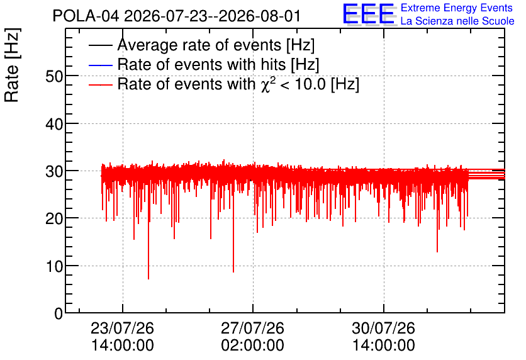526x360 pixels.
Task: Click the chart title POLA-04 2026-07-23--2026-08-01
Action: point(176,16)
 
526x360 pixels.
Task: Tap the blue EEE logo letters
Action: point(369,14)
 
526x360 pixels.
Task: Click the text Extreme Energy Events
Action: point(457,8)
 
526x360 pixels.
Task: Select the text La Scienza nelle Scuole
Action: point(457,21)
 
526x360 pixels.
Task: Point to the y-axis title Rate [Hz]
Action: point(12,65)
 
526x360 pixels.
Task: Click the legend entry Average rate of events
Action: point(216,45)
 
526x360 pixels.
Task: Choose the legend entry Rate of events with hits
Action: point(218,64)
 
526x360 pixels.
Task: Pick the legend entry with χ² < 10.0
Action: point(238,84)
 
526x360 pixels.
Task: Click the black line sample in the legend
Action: point(100,45)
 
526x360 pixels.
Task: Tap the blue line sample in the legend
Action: point(100,65)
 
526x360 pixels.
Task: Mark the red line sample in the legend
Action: point(100,84)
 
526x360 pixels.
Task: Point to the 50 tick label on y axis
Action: point(54,77)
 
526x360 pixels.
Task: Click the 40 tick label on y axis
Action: point(54,124)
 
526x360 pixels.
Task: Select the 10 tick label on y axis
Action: point(54,266)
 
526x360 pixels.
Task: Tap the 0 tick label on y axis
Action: point(59,313)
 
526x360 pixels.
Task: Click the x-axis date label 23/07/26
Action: point(122,328)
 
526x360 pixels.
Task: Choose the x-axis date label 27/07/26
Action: point(252,328)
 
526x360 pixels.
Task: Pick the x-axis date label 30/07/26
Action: point(383,328)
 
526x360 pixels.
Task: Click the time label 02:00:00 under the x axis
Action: point(252,346)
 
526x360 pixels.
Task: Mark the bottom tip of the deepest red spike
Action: point(148,279)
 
